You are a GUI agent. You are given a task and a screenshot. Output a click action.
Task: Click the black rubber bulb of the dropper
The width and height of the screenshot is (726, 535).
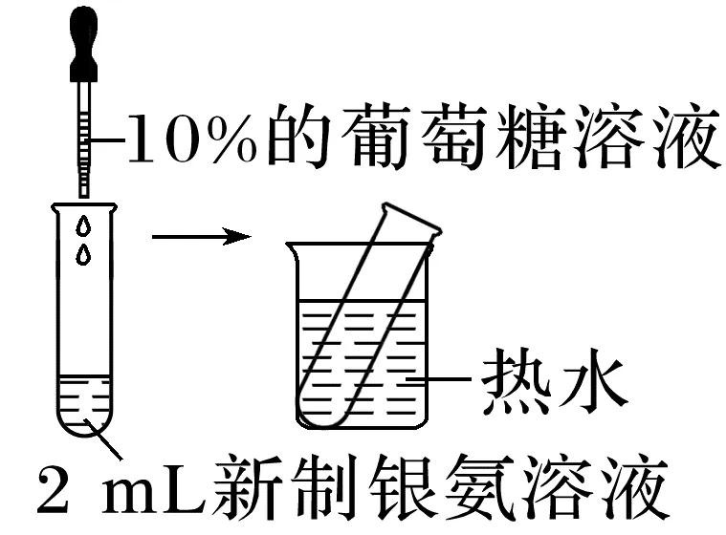tap(82, 43)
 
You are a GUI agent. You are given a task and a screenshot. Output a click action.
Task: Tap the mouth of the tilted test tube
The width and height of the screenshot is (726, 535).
tap(411, 219)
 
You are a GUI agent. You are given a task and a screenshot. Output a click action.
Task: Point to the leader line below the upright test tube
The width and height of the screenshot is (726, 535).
tap(107, 440)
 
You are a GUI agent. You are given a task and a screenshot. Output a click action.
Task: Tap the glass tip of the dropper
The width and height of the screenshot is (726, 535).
tap(83, 187)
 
